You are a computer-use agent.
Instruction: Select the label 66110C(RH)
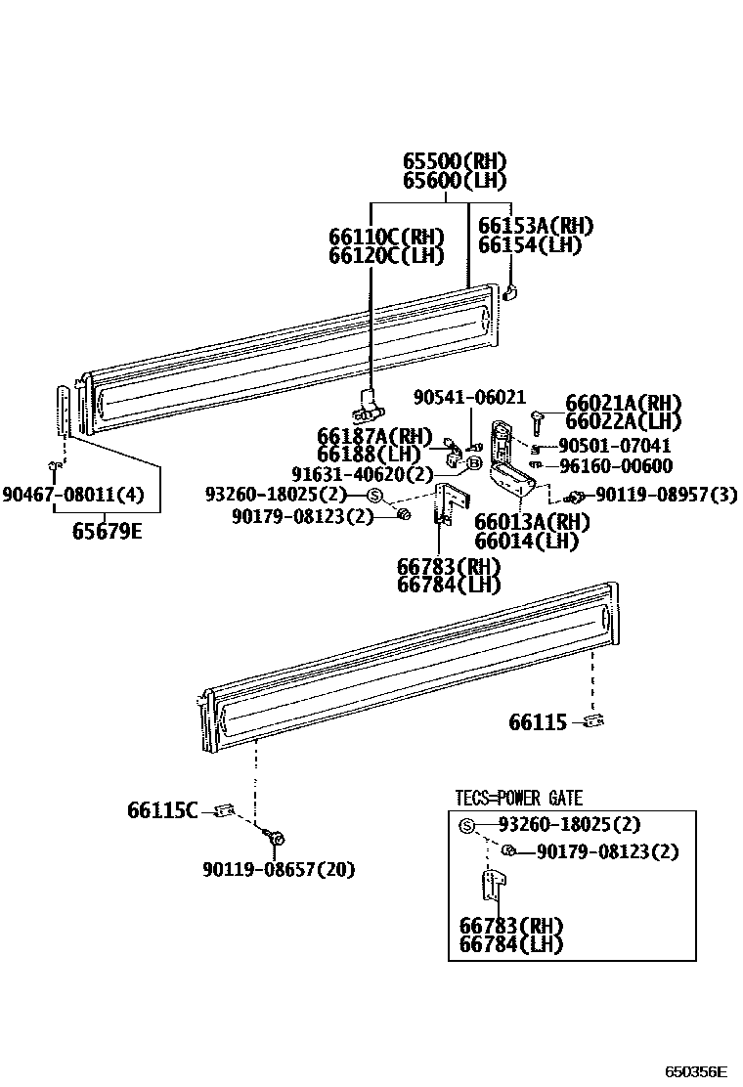coord(386,238)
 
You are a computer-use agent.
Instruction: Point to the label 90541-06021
coord(468,398)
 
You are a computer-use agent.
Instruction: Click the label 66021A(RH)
coord(624,404)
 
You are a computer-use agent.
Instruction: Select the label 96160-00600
coord(615,465)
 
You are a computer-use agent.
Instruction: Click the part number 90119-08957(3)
coord(666,495)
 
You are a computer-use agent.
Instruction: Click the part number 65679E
coord(106,533)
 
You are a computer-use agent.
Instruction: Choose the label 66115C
coord(162,809)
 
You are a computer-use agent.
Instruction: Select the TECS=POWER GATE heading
coord(518,799)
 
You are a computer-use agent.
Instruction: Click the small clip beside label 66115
coord(592,721)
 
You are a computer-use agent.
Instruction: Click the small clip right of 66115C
coord(225,809)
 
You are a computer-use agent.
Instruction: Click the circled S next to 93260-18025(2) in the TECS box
coord(466,825)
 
